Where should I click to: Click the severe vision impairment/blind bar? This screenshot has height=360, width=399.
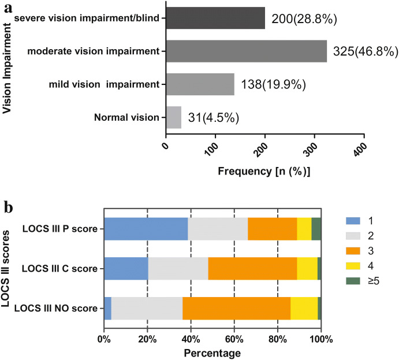[215, 18]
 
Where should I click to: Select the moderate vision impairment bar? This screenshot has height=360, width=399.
[246, 51]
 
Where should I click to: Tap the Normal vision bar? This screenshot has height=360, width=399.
[173, 117]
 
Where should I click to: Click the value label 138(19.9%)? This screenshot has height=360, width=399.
[273, 85]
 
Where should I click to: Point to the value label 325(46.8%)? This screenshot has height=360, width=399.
[365, 52]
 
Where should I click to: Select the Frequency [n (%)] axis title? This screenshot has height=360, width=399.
[264, 172]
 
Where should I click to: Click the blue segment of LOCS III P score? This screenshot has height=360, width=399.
[146, 229]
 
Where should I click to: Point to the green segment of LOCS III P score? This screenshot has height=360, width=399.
[316, 229]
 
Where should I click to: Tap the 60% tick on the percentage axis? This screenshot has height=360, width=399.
[234, 338]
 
